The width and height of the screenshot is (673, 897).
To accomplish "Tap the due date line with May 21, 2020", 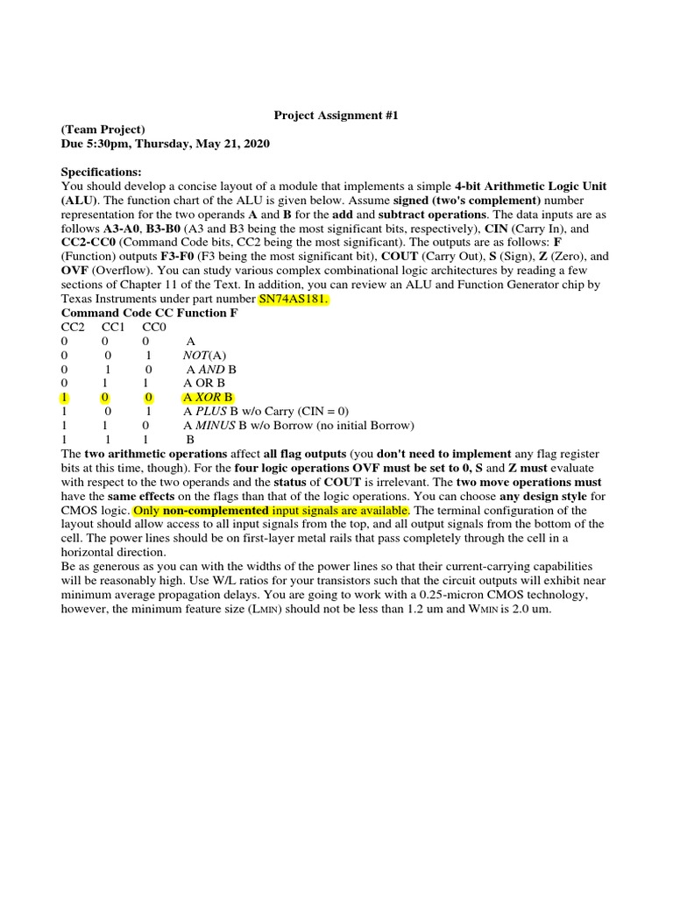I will (x=166, y=144).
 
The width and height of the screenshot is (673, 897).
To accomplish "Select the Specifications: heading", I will (x=101, y=172).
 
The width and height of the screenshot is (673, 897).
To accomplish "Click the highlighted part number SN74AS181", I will (x=293, y=299).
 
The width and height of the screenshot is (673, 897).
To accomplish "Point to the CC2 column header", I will (x=73, y=327).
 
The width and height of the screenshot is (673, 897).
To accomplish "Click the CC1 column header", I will (x=115, y=327).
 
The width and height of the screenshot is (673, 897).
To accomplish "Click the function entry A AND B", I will (x=211, y=369).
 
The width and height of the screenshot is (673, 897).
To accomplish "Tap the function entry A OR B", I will (x=204, y=383).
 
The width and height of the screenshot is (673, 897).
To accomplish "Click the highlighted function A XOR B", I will (x=209, y=397).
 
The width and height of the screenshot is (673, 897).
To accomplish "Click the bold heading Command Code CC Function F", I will (x=149, y=313).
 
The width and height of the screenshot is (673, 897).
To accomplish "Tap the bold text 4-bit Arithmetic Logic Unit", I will (x=530, y=187).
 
